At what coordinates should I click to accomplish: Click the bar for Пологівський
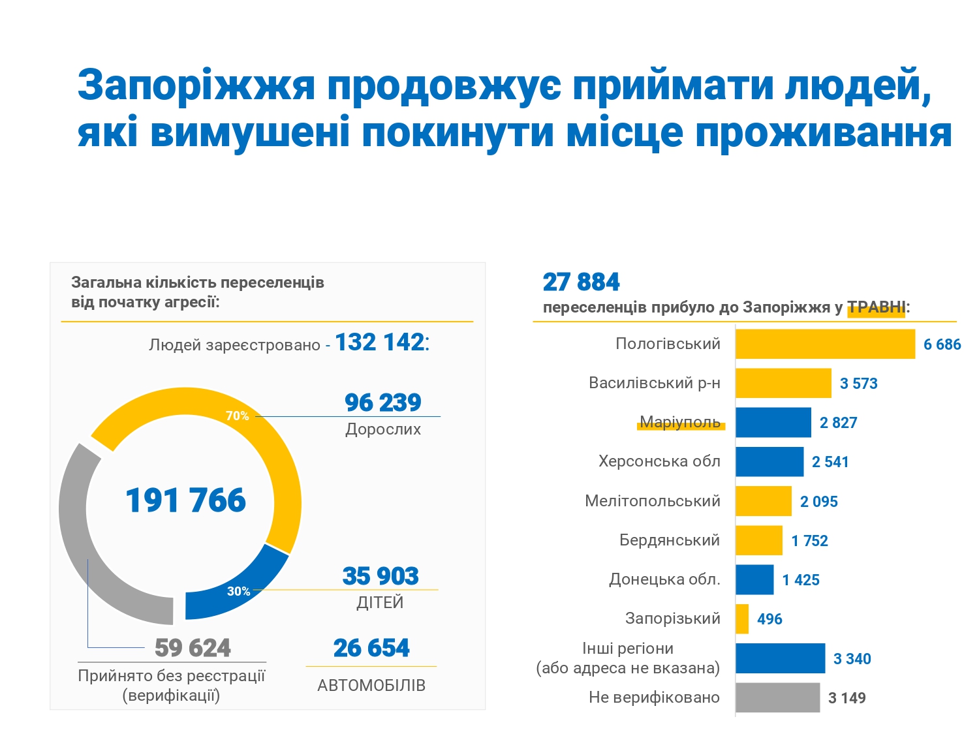(825, 344)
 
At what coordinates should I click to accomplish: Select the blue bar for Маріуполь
(773, 422)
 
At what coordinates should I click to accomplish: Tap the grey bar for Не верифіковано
(777, 697)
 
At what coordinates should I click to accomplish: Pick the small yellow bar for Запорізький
(742, 619)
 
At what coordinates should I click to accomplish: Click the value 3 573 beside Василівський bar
(858, 384)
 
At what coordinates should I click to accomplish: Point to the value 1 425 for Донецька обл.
(801, 580)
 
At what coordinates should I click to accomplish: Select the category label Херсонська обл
(659, 461)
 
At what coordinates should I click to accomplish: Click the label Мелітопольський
(653, 501)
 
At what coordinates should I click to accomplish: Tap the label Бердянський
(670, 540)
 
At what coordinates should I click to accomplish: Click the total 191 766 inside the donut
(185, 500)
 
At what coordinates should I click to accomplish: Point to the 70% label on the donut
(237, 416)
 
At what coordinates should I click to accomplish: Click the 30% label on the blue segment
(238, 591)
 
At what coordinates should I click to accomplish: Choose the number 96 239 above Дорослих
(383, 403)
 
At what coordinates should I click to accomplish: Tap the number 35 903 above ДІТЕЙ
(381, 576)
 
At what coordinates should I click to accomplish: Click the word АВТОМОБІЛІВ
(371, 685)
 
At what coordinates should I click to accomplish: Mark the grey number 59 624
(193, 648)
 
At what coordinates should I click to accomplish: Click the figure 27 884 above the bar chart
(581, 282)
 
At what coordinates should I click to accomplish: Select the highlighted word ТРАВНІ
(876, 307)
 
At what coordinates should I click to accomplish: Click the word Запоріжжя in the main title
(196, 85)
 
